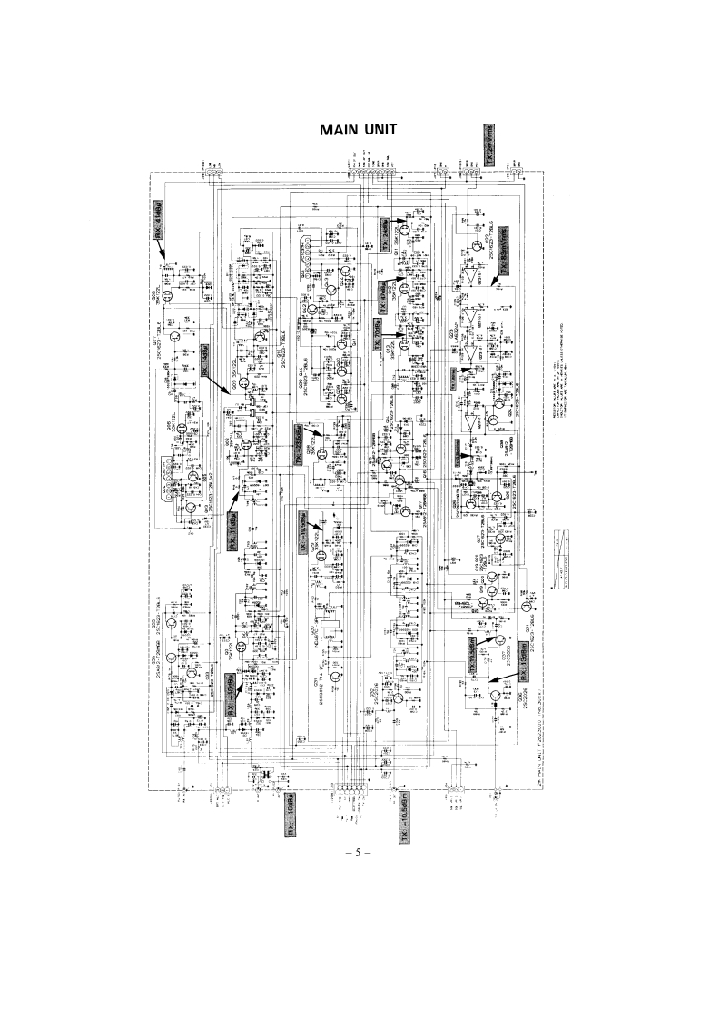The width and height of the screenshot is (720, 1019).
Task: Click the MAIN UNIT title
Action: (x=359, y=131)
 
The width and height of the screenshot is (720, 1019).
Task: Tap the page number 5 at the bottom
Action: (x=359, y=853)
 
